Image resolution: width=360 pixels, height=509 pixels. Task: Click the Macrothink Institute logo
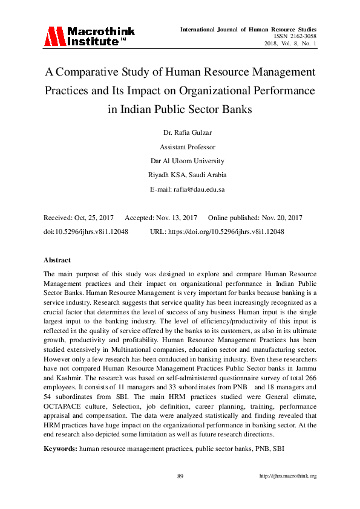coord(89,36)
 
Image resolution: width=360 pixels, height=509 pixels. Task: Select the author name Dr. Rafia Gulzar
coord(180,134)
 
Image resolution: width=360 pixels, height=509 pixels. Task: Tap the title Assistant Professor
coord(180,147)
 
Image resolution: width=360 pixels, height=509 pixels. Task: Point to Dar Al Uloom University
coord(180,161)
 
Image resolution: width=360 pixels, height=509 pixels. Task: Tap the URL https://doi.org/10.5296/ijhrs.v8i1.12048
coord(226,232)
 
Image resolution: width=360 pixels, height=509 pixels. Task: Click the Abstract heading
coord(57,260)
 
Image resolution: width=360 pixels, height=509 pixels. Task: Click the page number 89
coord(180,476)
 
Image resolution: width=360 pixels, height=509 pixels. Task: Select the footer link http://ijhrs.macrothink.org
coord(288,476)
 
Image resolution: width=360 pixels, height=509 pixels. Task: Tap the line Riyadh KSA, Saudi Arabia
coord(180,175)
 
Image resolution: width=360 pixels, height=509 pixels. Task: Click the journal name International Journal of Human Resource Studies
coord(248,29)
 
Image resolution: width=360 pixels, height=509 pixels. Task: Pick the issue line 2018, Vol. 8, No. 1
coord(290,44)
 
